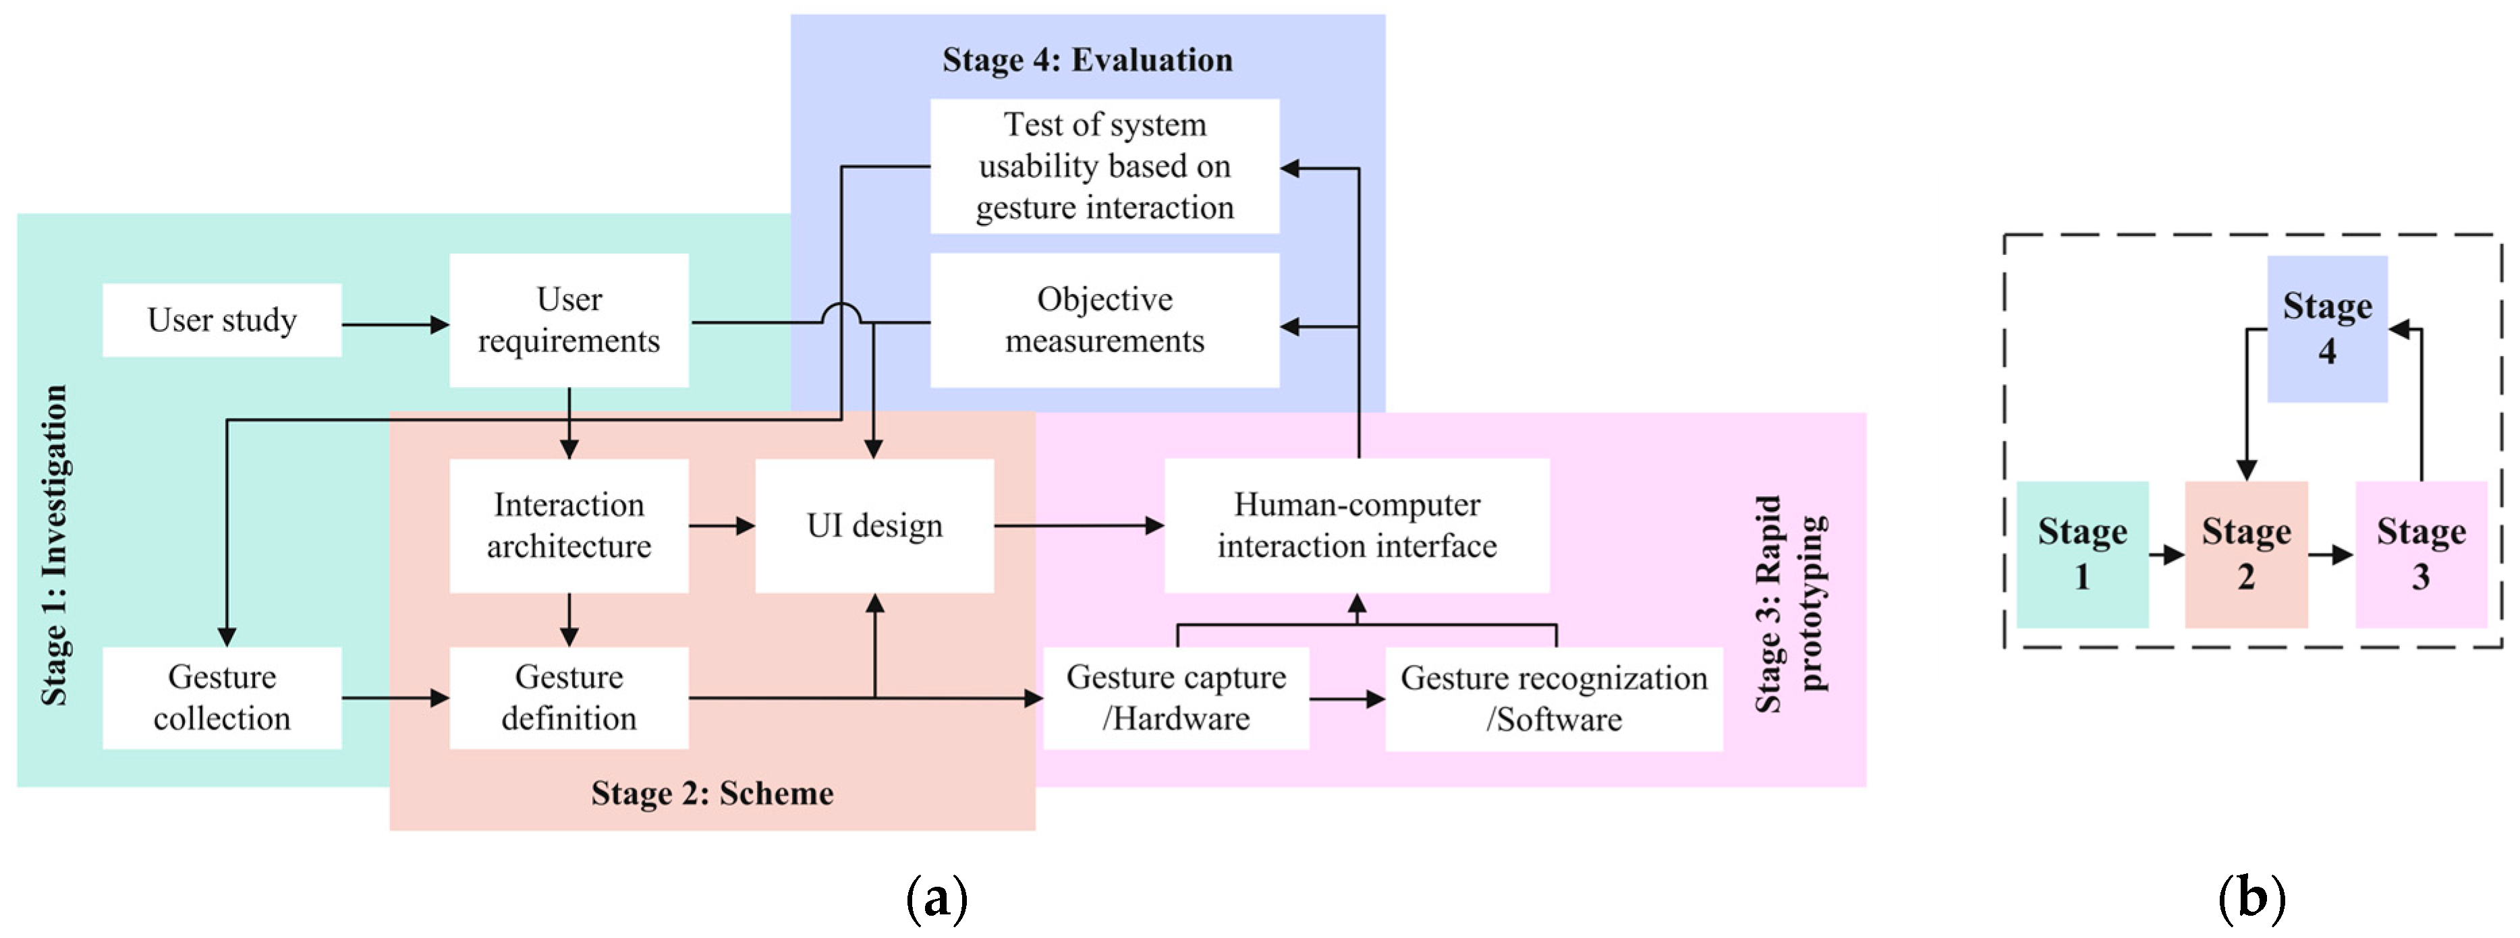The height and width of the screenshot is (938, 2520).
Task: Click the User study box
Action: point(222,320)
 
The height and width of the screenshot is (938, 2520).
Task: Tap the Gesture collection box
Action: point(222,697)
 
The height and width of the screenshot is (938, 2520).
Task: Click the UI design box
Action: point(874,525)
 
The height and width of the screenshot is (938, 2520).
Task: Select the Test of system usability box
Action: point(1104,167)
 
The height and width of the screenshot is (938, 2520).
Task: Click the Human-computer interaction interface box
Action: point(1357,525)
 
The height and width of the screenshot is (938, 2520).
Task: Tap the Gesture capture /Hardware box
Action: point(1176,697)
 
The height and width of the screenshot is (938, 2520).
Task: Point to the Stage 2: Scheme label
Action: point(712,792)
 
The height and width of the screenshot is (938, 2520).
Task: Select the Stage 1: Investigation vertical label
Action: point(54,545)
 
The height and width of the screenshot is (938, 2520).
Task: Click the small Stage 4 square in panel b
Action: point(2327,328)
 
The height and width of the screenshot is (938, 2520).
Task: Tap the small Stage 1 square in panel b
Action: point(2083,554)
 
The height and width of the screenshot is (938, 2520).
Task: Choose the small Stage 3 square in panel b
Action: point(2421,554)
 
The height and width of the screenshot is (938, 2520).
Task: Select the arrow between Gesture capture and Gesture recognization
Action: point(1347,699)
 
